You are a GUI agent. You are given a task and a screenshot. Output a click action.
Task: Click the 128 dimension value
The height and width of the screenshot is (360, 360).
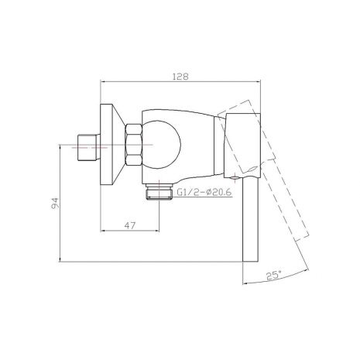pos(180,77)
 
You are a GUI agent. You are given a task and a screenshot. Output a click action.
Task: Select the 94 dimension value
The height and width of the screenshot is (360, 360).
pos(55,204)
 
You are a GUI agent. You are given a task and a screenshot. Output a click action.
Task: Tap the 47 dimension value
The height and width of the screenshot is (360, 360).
pos(129,225)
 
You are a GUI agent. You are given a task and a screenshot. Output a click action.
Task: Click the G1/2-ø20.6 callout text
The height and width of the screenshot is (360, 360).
pos(204,192)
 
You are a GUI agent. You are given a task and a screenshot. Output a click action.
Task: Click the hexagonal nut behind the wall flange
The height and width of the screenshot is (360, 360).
pos(133,145)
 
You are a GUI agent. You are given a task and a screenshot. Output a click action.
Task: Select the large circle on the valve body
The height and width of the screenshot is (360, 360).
pos(162,145)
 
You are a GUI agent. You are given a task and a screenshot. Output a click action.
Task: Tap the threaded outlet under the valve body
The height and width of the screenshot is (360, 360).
pos(159,192)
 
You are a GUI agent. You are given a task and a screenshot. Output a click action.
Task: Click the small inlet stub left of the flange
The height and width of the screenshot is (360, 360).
pos(88,148)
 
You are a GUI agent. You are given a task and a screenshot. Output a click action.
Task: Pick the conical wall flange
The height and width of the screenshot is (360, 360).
pos(112,145)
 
